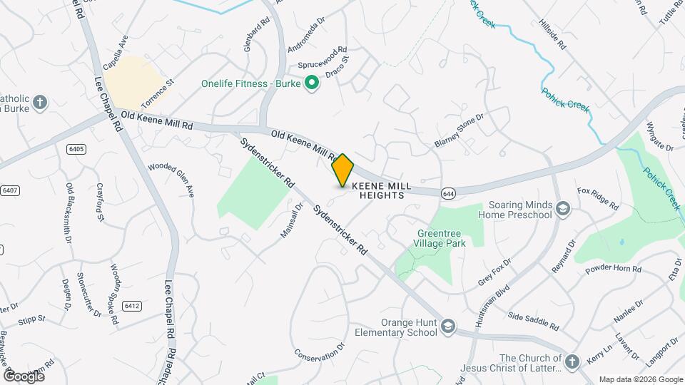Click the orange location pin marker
pyautogui.click(x=342, y=170)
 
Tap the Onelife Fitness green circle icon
pyautogui.click(x=312, y=84)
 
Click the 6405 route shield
pyautogui.click(x=76, y=149)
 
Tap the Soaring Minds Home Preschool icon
pyautogui.click(x=563, y=208)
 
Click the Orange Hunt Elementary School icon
pyautogui.click(x=447, y=327)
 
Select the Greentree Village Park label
pyautogui.click(x=441, y=237)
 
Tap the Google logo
pyautogui.click(x=24, y=376)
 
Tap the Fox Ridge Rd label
pyautogui.click(x=598, y=199)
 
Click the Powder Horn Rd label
pyautogui.click(x=613, y=269)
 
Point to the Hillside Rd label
pyautogui.click(x=552, y=34)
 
